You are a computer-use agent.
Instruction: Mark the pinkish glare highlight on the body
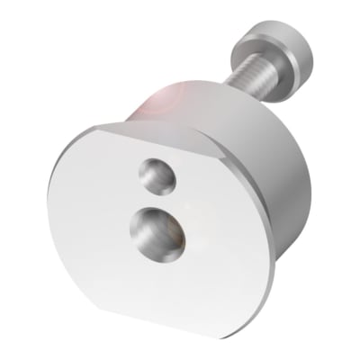[x=166, y=99]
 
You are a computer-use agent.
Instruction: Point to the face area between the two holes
[x=157, y=200]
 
